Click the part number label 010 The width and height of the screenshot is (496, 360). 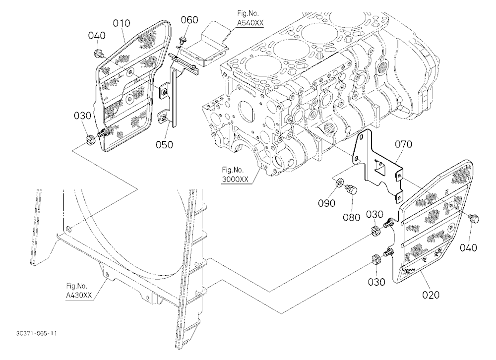point(122,23)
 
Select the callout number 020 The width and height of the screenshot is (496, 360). point(431,295)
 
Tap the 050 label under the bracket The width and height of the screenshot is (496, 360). point(165,145)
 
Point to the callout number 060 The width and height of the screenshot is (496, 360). point(189,20)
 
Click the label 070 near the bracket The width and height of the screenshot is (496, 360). point(403,144)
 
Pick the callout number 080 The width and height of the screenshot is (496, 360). point(352,217)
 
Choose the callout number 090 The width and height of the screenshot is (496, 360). point(326,203)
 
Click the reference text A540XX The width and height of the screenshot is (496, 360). point(250,23)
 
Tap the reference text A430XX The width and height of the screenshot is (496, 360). point(79,295)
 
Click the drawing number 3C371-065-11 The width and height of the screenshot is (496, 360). point(37,333)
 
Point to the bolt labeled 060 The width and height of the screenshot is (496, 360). point(182,41)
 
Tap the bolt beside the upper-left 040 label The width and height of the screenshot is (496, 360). point(98,54)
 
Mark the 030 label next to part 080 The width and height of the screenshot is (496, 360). point(374,215)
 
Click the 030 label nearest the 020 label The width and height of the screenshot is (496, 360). point(376,282)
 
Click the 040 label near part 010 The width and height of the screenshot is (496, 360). point(97,35)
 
